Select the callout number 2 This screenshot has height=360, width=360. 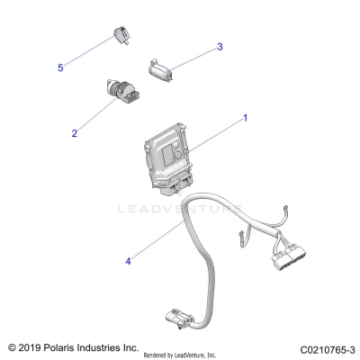click(75, 133)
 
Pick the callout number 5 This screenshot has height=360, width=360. click(60, 67)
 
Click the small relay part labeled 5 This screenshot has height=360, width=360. click(119, 36)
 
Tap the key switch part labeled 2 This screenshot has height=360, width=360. click(119, 94)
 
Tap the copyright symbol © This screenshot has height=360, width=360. click(12, 346)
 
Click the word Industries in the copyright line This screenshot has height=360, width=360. click(112, 346)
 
